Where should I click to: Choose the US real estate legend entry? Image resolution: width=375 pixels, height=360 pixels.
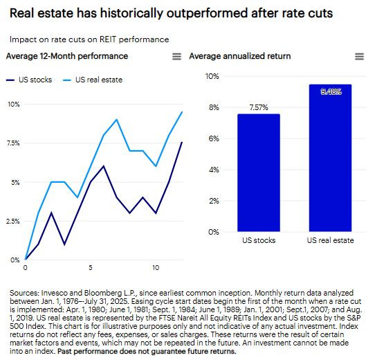point(89,80)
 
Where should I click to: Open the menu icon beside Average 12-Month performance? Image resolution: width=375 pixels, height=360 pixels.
point(176,56)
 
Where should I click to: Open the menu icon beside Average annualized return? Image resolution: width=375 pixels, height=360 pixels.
point(358,56)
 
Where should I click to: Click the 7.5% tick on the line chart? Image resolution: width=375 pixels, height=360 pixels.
point(12,143)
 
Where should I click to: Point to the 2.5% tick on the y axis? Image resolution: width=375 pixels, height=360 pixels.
point(12,221)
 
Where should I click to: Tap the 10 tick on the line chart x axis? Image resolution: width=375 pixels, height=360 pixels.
point(156,267)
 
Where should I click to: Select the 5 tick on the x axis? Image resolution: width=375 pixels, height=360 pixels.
point(91,267)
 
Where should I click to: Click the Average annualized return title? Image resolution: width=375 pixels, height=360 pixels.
point(239,55)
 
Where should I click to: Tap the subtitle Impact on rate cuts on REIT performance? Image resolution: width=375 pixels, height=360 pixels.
point(89,39)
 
